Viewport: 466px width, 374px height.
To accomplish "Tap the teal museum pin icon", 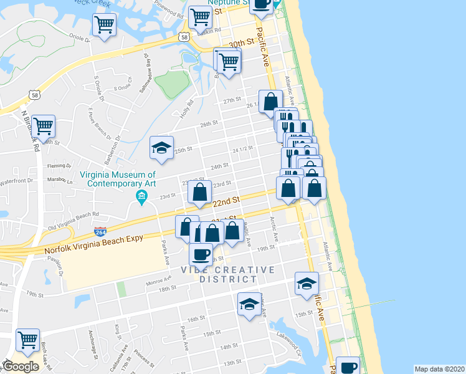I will click(141, 198).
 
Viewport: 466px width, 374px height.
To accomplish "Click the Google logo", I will click(21, 367).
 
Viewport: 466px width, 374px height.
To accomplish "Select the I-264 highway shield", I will click(100, 232).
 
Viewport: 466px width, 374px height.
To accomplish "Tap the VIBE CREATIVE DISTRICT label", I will click(227, 274).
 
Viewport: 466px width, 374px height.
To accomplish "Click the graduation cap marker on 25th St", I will click(161, 148).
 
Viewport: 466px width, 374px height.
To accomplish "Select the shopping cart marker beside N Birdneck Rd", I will click(43, 125).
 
